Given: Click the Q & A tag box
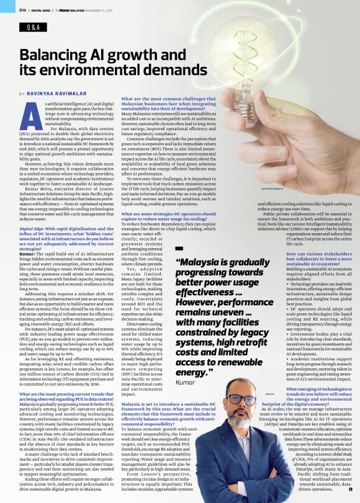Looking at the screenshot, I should [x=32, y=29].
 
